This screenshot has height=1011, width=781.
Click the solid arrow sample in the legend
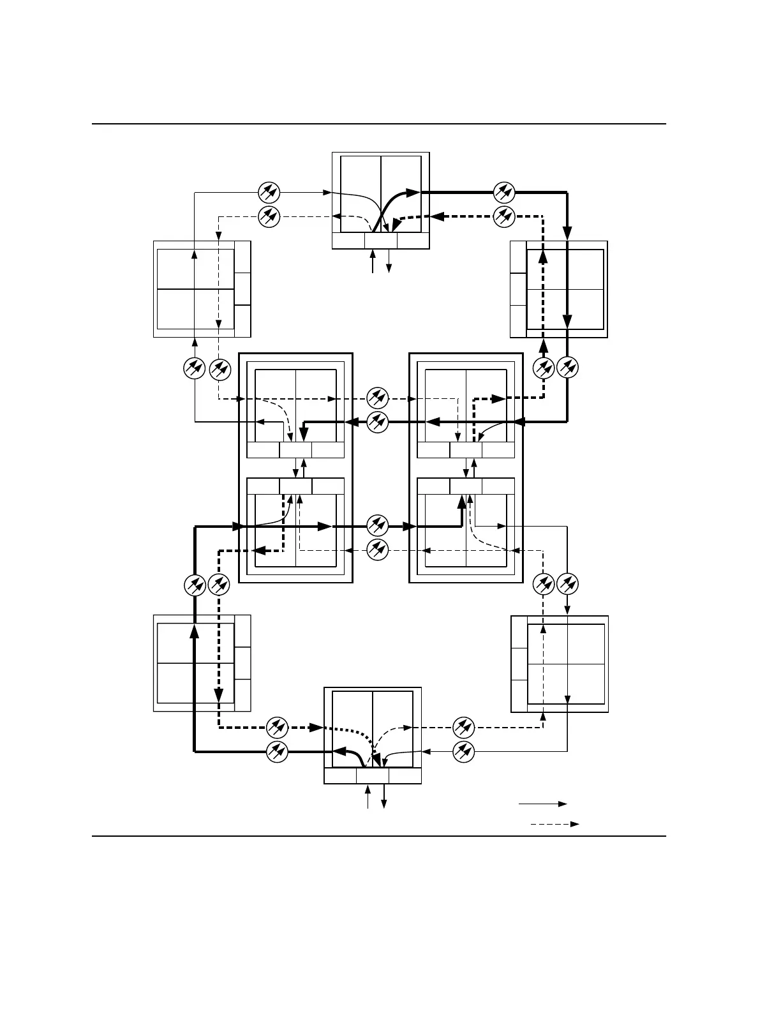coord(542,804)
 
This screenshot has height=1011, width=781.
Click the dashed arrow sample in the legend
coord(554,824)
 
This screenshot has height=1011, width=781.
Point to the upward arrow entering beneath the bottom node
coord(368,797)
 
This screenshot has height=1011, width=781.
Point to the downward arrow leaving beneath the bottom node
coord(383,797)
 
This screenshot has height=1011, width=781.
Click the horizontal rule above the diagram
coord(379,124)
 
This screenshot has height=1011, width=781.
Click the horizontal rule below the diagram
coord(379,835)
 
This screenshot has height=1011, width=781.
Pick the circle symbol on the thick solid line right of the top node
coord(504,191)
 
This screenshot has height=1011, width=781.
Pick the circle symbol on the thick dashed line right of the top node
coord(504,216)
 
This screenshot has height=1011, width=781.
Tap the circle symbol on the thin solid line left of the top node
coord(269,191)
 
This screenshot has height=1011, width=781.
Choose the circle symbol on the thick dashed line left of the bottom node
coord(277,727)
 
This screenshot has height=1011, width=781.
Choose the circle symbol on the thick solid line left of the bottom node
coord(277,752)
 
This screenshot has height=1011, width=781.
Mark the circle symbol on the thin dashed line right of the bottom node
coord(464,727)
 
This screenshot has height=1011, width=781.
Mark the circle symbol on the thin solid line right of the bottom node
coord(464,752)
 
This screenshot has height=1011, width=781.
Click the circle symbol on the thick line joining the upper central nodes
coord(378,422)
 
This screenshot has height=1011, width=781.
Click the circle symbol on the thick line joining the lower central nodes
coord(378,527)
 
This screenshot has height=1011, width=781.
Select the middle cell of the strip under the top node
coord(381,241)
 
